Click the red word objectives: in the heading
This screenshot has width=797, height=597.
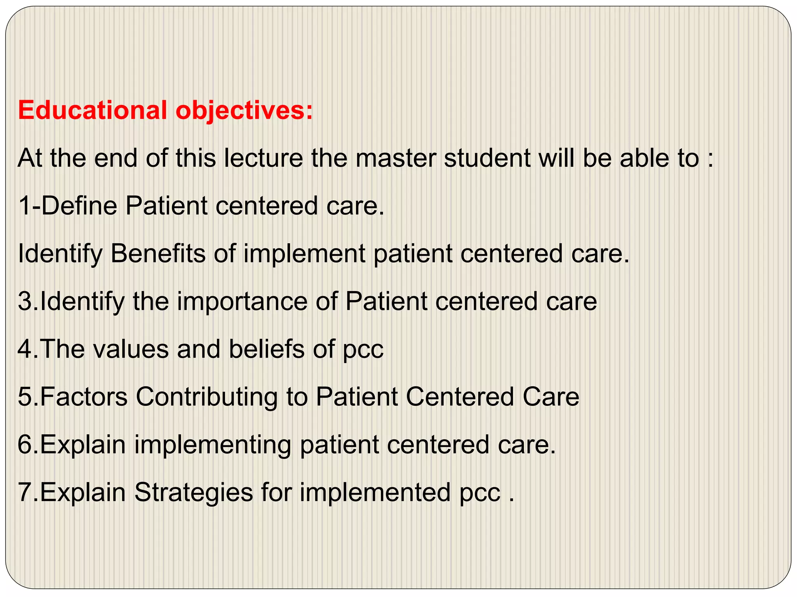point(244,111)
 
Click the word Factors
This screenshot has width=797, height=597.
point(83,397)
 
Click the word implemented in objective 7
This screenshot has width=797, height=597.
point(375,493)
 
